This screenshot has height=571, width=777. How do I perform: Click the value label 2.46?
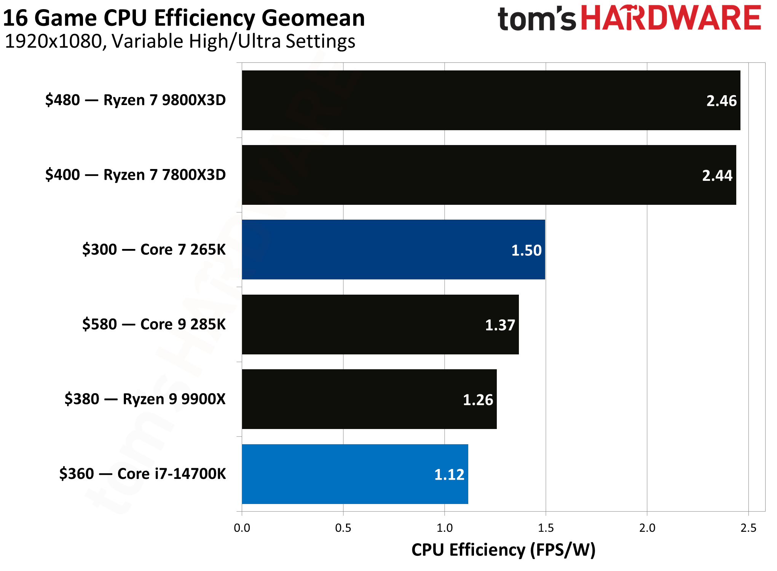click(721, 101)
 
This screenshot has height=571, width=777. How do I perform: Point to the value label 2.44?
click(717, 175)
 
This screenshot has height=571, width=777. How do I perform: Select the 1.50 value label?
click(526, 250)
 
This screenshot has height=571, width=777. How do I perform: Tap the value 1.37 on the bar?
click(499, 325)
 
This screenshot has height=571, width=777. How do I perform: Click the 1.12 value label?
click(449, 474)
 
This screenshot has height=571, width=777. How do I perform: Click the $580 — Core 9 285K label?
click(154, 324)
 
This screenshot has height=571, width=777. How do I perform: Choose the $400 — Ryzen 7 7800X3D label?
click(135, 175)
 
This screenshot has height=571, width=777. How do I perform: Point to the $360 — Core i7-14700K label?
click(142, 474)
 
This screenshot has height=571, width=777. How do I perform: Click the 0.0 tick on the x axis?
click(242, 528)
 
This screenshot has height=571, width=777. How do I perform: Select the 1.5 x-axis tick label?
click(546, 528)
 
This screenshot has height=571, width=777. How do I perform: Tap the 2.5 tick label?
click(748, 528)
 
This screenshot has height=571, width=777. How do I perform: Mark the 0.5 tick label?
click(343, 528)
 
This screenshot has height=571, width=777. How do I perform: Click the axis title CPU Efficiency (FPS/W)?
click(503, 550)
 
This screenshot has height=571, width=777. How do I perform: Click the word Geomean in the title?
click(313, 18)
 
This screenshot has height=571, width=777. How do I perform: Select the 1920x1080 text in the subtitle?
click(54, 41)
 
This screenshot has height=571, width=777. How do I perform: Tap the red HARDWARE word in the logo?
click(671, 18)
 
